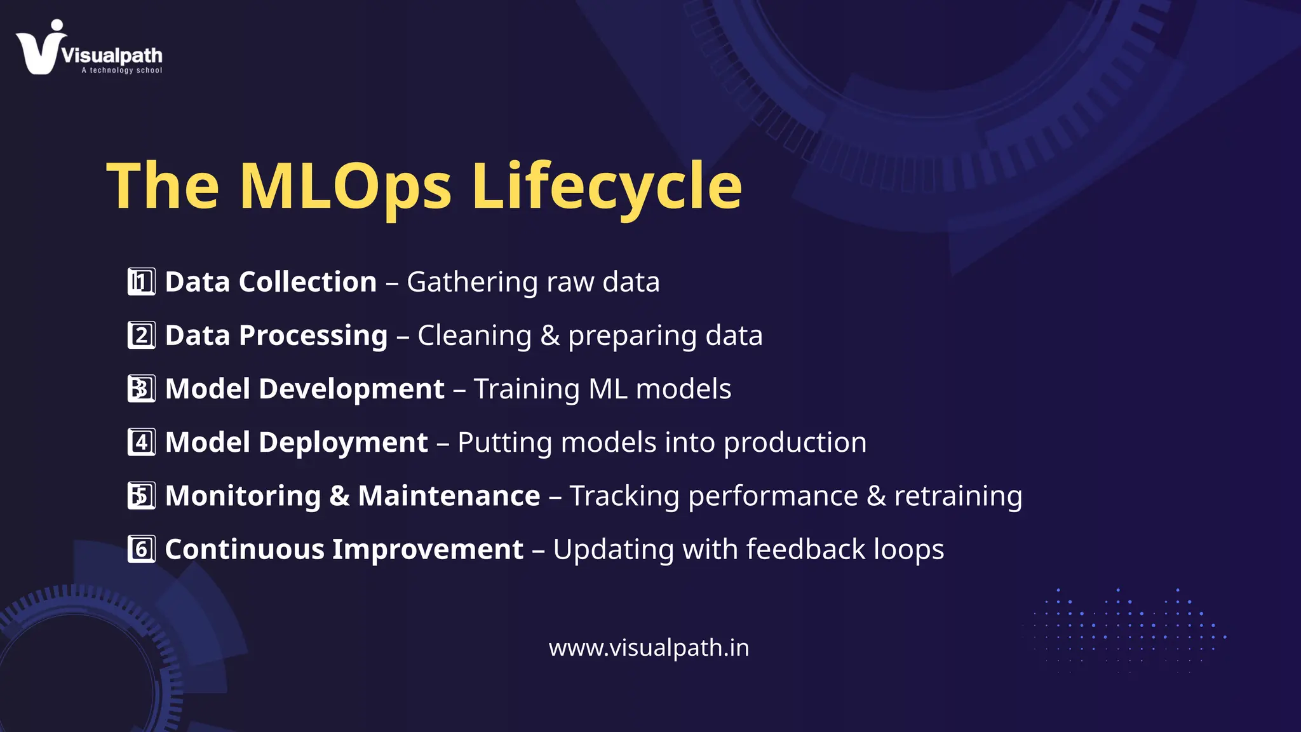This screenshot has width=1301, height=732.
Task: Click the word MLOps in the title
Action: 346,186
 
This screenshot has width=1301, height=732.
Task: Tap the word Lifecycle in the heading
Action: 607,186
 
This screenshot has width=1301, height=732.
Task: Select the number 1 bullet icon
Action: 141,282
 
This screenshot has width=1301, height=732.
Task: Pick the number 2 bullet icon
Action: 141,335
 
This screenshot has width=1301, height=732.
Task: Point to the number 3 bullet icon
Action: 141,389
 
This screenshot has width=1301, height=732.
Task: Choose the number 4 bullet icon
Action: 141,442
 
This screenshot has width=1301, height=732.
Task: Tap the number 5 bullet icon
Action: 141,496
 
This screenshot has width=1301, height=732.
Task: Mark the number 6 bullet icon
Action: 141,549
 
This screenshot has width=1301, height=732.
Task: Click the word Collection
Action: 307,281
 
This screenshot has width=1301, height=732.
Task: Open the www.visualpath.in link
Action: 649,647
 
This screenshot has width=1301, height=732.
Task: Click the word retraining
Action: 958,496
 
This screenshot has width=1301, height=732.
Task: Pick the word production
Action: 795,442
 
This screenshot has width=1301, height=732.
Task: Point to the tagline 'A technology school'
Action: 121,71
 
